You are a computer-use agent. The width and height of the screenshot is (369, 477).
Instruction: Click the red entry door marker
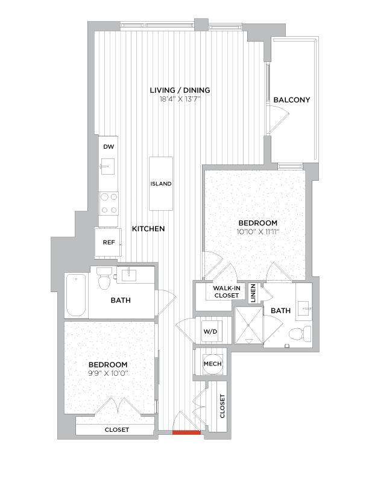pyautogui.click(x=186, y=432)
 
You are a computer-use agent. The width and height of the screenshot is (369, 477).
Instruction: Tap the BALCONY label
pyautogui.click(x=291, y=100)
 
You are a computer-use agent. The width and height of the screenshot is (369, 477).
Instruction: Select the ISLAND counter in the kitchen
pyautogui.click(x=161, y=184)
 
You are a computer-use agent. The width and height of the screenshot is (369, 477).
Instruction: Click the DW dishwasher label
pyautogui.click(x=109, y=147)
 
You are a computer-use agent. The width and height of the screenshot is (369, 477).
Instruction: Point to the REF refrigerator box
pyautogui.click(x=109, y=243)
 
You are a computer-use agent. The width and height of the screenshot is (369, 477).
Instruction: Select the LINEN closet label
pyautogui.click(x=253, y=293)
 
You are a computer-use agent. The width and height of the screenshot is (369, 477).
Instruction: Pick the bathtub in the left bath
pyautogui.click(x=77, y=295)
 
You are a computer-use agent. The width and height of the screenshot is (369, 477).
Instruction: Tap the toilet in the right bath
pyautogui.click(x=298, y=333)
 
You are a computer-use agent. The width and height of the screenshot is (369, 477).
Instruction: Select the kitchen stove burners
pyautogui.click(x=109, y=203)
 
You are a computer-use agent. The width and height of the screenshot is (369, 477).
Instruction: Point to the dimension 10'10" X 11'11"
pyautogui.click(x=257, y=231)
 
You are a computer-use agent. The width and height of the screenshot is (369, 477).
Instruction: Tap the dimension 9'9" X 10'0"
pyautogui.click(x=108, y=373)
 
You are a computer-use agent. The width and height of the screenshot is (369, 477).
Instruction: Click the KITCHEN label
pyautogui.click(x=148, y=229)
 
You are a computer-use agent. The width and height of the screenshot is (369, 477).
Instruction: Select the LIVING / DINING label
pyautogui.click(x=180, y=90)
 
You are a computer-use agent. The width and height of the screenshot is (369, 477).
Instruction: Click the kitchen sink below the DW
pyautogui.click(x=109, y=164)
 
